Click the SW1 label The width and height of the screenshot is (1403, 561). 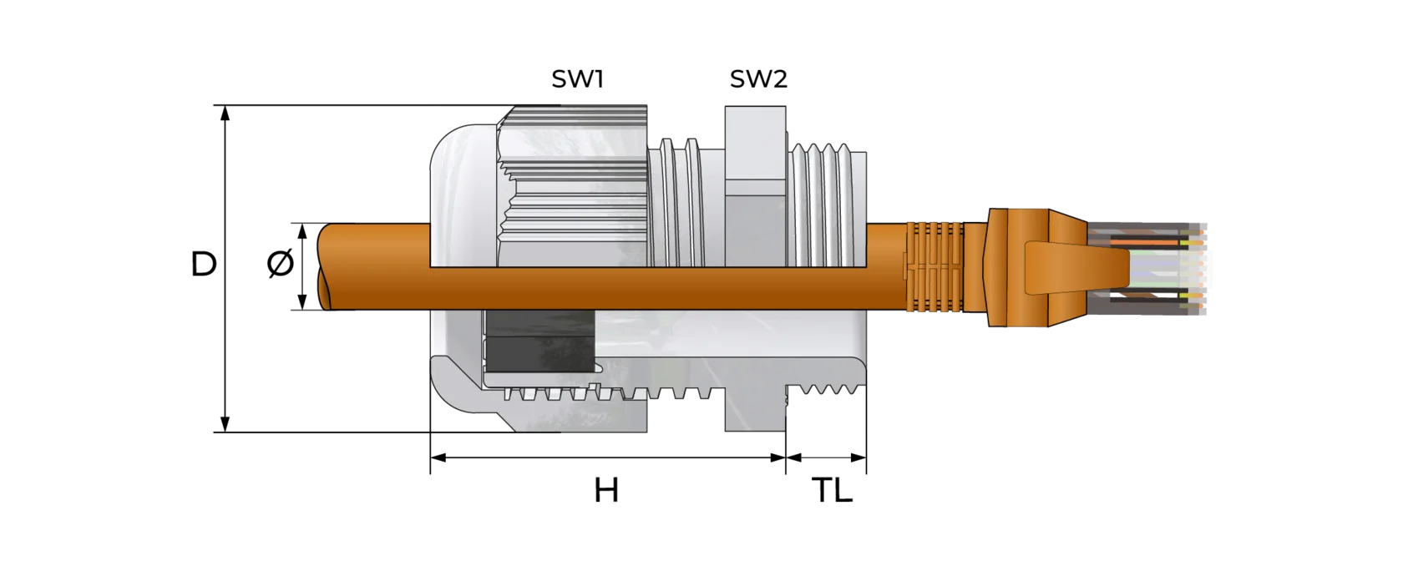click(577, 78)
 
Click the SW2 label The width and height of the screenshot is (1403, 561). click(758, 78)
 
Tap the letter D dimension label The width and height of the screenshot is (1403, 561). click(204, 264)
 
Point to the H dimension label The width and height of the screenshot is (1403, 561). click(606, 490)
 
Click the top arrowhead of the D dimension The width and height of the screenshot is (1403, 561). click(226, 113)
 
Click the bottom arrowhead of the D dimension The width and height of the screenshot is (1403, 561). click(226, 424)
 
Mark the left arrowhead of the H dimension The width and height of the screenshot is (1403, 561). click(438, 457)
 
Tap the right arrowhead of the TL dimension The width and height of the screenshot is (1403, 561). click(859, 457)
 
